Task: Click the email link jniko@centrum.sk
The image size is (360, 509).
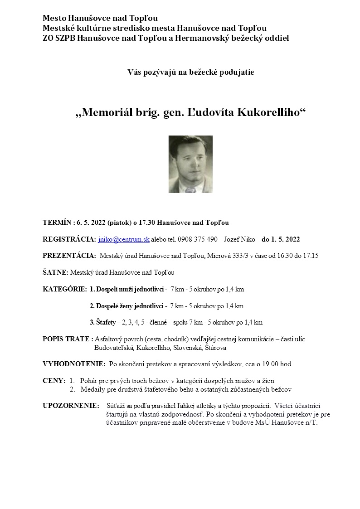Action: tap(124, 239)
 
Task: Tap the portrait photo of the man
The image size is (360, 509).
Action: tap(190, 164)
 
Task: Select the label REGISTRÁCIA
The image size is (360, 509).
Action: tap(69, 239)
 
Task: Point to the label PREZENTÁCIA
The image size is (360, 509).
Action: tap(69, 256)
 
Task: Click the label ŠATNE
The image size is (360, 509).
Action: tap(55, 272)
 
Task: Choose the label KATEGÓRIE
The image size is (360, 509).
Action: tap(64, 289)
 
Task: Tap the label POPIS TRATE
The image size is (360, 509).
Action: tap(68, 339)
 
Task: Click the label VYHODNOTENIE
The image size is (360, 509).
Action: tap(74, 364)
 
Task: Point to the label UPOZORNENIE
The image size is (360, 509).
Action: tap(71, 406)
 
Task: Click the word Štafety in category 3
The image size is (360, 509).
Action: tap(105, 323)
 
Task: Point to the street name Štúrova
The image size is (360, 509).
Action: tap(216, 348)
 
